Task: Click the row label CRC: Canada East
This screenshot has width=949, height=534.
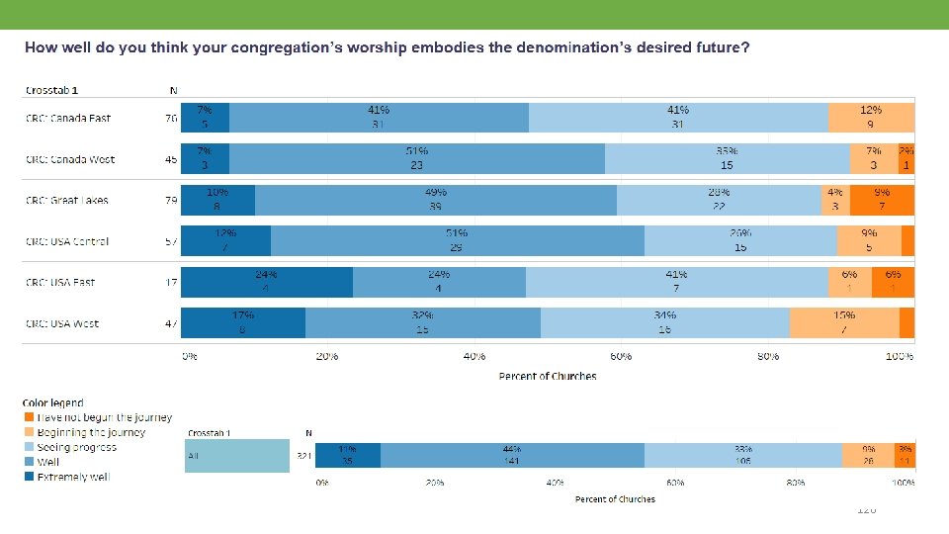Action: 68,119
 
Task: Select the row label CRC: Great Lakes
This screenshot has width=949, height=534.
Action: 67,201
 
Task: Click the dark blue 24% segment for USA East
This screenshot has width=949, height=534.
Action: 266,282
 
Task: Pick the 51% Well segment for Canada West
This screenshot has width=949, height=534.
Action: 416,158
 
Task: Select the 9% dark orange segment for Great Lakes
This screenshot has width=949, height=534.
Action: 881,200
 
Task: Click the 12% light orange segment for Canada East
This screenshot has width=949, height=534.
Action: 871,118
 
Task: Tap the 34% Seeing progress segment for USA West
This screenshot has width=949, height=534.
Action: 664,323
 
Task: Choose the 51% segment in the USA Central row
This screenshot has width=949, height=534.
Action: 457,241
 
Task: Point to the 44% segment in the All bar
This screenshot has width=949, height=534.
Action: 511,455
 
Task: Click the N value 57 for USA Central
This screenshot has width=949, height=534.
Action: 172,242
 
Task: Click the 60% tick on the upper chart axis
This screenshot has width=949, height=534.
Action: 620,356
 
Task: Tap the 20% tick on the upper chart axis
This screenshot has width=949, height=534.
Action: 327,356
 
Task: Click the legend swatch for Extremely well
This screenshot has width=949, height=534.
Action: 29,477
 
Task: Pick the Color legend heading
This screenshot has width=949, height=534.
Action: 53,402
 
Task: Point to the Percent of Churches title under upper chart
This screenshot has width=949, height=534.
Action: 547,376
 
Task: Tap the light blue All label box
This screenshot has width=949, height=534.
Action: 236,456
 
